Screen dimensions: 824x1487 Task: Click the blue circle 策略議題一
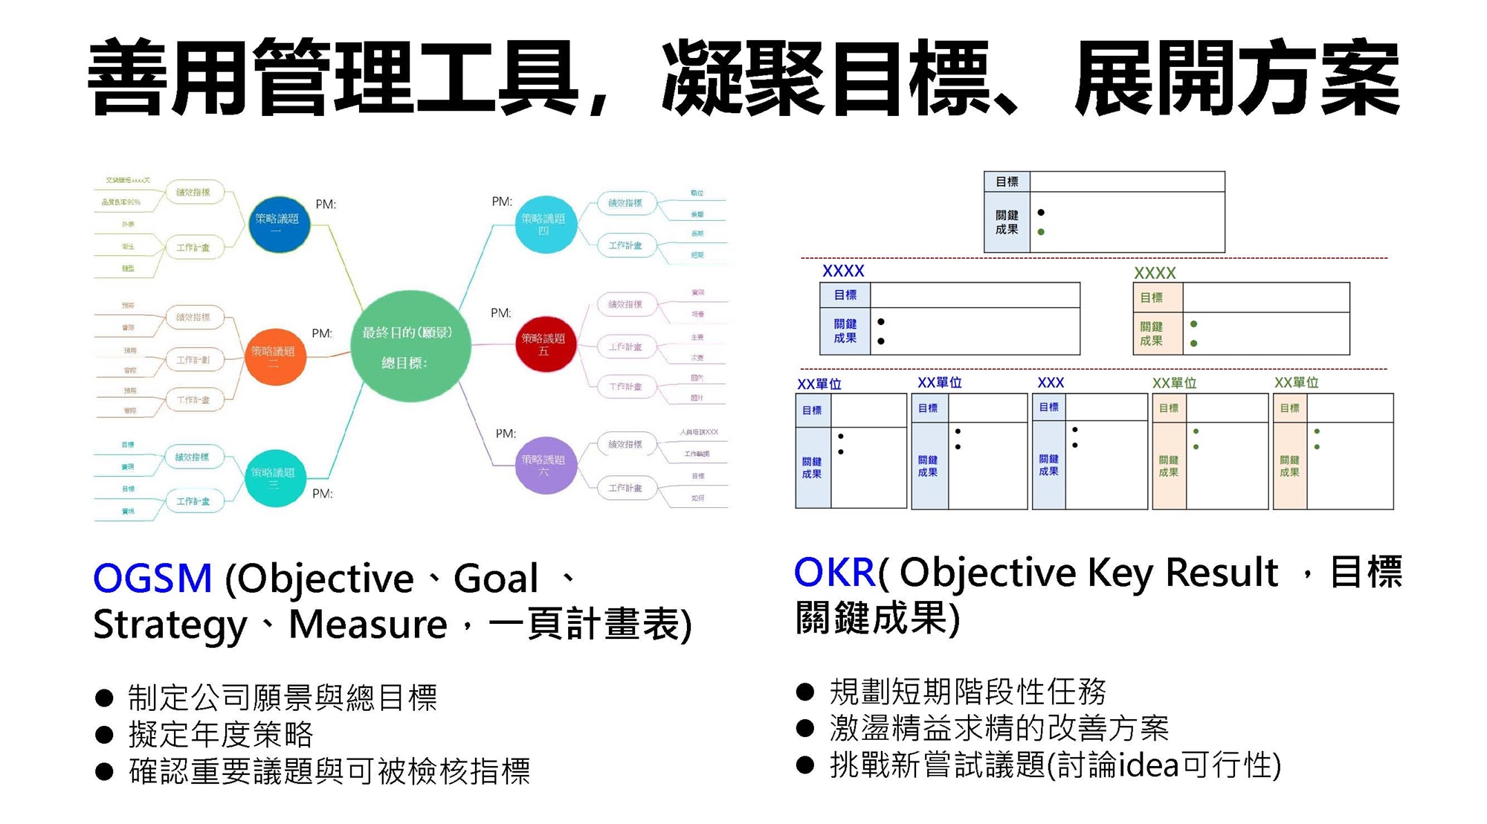click(x=278, y=225)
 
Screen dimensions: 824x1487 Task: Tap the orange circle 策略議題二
click(x=275, y=357)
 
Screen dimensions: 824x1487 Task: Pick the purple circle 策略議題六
click(x=546, y=466)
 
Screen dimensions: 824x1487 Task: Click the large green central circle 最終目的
click(x=410, y=347)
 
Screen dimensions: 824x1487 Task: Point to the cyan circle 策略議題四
click(x=545, y=224)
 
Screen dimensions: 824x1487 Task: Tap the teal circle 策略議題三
click(x=274, y=478)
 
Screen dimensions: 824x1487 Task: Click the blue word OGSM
click(x=152, y=579)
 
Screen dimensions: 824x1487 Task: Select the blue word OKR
click(x=834, y=572)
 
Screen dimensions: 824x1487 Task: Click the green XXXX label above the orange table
click(x=1154, y=273)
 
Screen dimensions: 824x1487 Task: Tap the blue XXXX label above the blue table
click(x=843, y=271)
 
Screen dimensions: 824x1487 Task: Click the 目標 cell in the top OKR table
click(x=1007, y=182)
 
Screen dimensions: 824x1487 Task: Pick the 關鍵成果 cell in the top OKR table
click(x=1007, y=222)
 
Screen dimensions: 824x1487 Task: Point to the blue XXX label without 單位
click(x=1050, y=382)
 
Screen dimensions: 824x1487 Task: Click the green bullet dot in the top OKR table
click(x=1041, y=232)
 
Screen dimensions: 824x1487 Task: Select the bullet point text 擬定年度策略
click(x=221, y=735)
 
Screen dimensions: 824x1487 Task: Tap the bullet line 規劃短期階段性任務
click(x=967, y=692)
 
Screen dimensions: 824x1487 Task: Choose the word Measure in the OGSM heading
click(x=367, y=625)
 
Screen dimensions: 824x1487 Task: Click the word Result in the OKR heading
click(x=1221, y=573)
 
